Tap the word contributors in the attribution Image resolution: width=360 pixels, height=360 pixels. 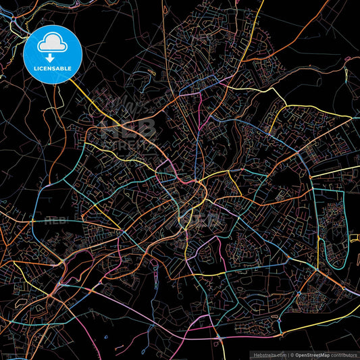click(x=344, y=353)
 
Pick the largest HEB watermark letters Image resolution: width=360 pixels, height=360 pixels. click(x=128, y=128)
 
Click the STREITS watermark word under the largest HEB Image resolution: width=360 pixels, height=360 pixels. click(x=128, y=143)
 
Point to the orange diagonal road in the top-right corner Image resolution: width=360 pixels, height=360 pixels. click(x=324, y=24)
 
